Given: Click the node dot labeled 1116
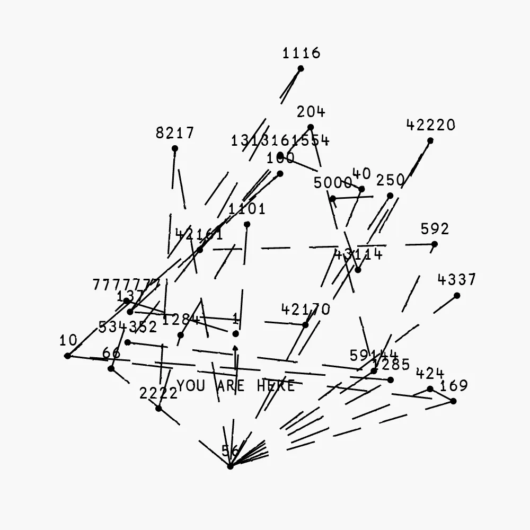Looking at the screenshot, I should [x=301, y=68].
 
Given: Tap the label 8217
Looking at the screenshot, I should [x=175, y=132].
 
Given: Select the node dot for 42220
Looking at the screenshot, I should [x=430, y=140].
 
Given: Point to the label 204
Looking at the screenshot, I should [x=311, y=112].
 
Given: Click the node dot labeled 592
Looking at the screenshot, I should [x=435, y=244].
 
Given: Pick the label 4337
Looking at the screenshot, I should [x=457, y=279].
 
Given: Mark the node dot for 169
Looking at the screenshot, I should [x=453, y=401].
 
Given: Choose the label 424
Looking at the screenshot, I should [x=430, y=374].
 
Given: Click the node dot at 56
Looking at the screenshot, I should [x=230, y=466].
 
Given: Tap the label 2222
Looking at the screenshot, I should [x=158, y=393].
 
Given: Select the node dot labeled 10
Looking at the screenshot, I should [x=67, y=356].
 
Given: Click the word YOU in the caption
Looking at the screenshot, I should [x=191, y=386].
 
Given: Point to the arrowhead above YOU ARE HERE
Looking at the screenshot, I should [x=235, y=348].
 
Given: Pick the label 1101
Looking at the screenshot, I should [x=247, y=209].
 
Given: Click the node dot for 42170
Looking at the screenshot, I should [x=305, y=325].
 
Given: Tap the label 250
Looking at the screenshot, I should [x=391, y=180].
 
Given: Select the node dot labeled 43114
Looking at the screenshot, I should [x=358, y=270].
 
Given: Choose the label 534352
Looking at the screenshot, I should [x=128, y=327].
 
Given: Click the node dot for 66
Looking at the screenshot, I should [x=111, y=368].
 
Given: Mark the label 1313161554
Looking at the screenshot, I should [x=280, y=140].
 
